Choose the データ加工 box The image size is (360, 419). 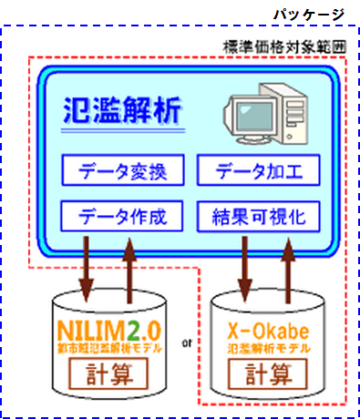256,169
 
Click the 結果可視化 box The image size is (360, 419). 256,217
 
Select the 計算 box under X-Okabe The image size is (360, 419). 268,373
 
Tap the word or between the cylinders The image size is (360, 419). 186,344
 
